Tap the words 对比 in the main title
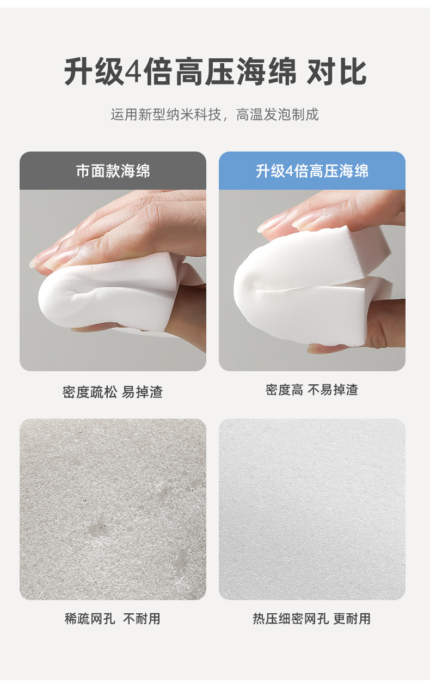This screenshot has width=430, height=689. [x=336, y=72]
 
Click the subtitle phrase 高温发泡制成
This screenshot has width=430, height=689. [x=278, y=114]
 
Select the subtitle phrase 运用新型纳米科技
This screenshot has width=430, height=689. [x=166, y=114]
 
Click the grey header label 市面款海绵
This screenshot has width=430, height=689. [x=113, y=171]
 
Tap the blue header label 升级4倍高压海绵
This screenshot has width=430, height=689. [x=312, y=171]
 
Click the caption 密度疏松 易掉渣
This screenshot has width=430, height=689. [x=113, y=392]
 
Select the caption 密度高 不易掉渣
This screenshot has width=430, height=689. [x=312, y=390]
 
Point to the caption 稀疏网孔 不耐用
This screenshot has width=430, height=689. [x=113, y=619]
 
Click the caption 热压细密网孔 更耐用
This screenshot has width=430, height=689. [x=312, y=619]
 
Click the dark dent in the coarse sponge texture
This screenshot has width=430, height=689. [x=97, y=528]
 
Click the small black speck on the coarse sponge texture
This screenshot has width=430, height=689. [x=82, y=432]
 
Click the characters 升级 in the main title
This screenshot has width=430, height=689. [x=94, y=72]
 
